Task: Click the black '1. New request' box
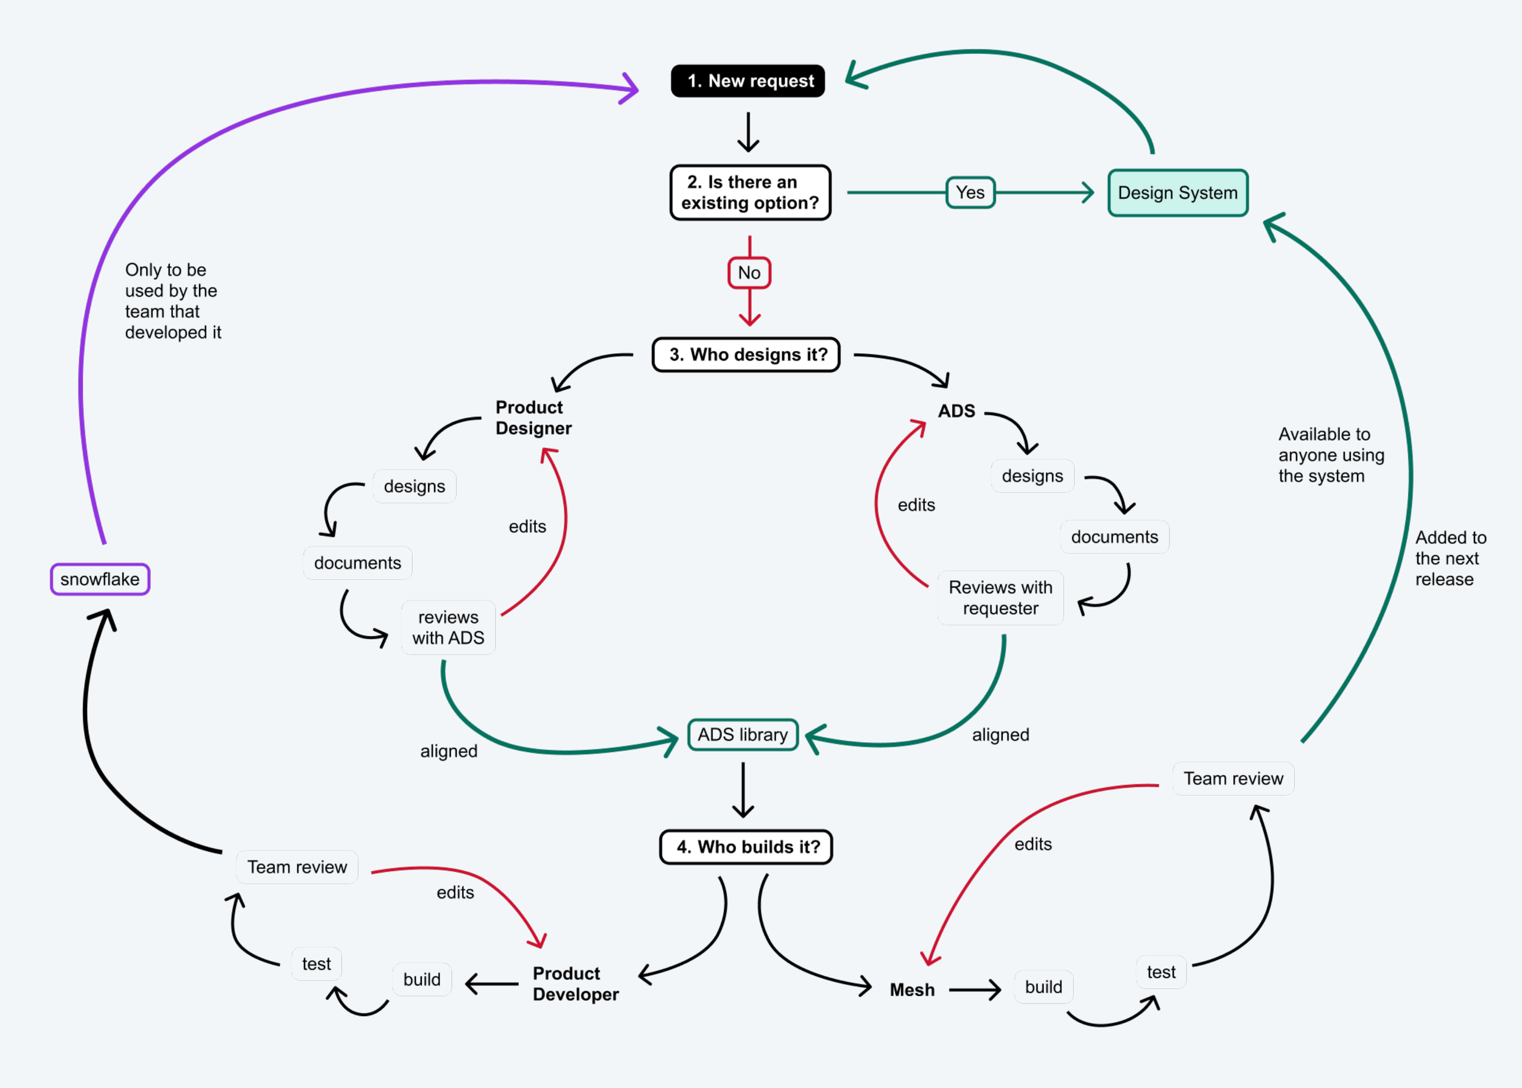pos(748,81)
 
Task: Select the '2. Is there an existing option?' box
pos(750,192)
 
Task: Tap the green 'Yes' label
pos(970,192)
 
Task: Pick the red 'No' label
pos(749,273)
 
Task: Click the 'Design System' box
pos(1177,193)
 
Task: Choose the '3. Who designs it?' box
pos(746,354)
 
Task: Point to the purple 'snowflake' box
pos(100,579)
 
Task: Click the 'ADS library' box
pos(743,735)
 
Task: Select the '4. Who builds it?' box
pos(746,847)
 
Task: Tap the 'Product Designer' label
pos(533,418)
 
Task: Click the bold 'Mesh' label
pos(912,989)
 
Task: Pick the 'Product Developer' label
pos(575,983)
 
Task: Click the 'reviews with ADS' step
pos(448,627)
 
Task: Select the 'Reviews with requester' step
pos(1000,598)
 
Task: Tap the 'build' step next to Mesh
pos(1043,987)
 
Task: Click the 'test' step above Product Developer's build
pos(316,963)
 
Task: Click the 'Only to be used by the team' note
pos(173,301)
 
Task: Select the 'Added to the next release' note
pos(1451,558)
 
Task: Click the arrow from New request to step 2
pos(748,132)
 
